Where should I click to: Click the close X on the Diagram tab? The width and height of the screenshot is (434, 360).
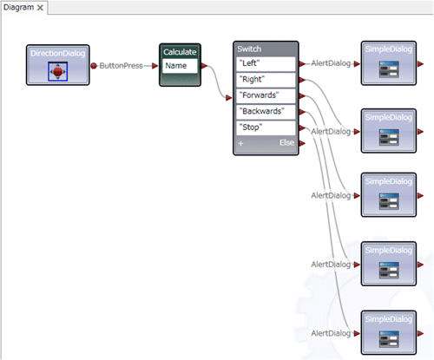click(x=40, y=8)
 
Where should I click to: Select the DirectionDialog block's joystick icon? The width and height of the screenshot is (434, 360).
click(x=58, y=71)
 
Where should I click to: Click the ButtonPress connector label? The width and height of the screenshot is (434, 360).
click(x=121, y=66)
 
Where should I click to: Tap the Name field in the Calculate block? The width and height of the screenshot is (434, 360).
click(x=180, y=66)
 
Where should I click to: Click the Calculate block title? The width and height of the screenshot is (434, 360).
click(x=180, y=52)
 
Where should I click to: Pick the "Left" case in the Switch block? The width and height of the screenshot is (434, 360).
click(x=266, y=63)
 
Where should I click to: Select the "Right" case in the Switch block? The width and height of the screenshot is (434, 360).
click(x=266, y=80)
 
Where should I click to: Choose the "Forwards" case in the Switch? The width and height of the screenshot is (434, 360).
click(x=266, y=95)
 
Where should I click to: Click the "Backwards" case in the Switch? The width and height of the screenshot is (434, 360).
click(x=266, y=112)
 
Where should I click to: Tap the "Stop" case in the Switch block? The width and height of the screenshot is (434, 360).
click(x=266, y=128)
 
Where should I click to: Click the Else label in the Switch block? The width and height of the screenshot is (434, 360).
click(x=286, y=142)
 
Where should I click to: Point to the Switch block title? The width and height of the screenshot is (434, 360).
click(x=249, y=49)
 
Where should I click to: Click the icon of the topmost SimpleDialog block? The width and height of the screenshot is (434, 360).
click(x=389, y=69)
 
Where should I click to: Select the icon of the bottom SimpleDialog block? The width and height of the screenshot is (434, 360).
click(x=389, y=339)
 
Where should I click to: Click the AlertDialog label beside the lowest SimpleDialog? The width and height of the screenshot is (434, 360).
click(x=331, y=333)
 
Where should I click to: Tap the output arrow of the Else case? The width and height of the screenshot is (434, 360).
click(x=302, y=143)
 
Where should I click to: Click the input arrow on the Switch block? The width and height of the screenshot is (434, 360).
click(x=229, y=98)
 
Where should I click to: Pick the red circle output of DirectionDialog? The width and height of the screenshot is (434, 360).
click(x=94, y=66)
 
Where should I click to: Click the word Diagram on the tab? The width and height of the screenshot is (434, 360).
click(x=18, y=7)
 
